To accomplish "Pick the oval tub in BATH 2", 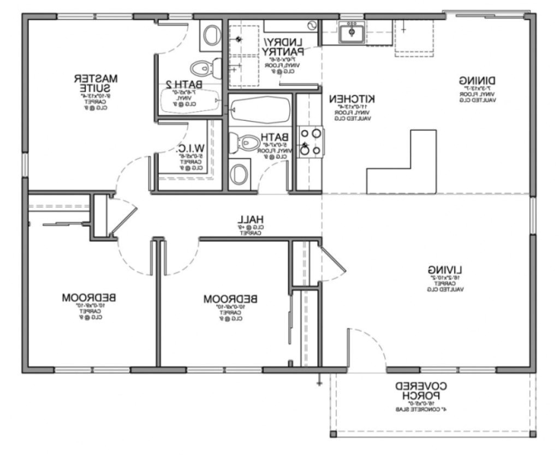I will pyautogui.click(x=189, y=101).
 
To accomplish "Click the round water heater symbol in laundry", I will pyautogui.click(x=312, y=25).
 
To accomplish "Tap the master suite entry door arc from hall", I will pyautogui.click(x=128, y=172).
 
